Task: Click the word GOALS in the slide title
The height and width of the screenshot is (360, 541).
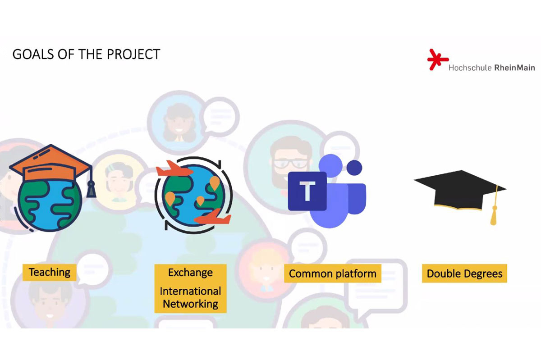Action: (x=33, y=54)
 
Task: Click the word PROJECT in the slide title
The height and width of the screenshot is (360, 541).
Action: (x=133, y=54)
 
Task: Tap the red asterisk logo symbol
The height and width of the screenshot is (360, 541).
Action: (x=437, y=59)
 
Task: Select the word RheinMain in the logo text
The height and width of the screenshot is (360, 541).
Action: (x=515, y=68)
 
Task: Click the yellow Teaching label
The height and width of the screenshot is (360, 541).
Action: (x=50, y=272)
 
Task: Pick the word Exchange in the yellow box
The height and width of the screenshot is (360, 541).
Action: (x=190, y=273)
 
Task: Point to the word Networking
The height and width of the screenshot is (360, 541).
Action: (x=190, y=304)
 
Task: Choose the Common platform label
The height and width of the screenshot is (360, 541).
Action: (x=333, y=273)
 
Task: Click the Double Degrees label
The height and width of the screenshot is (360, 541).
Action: (x=464, y=273)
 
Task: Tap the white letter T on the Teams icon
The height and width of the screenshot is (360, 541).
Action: (x=307, y=191)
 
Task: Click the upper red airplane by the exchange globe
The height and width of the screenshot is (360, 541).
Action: (x=174, y=169)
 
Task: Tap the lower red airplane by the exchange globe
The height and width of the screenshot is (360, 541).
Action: (x=212, y=217)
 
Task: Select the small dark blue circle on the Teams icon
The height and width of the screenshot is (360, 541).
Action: (x=354, y=168)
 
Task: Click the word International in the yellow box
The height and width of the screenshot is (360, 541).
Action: (x=190, y=291)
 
